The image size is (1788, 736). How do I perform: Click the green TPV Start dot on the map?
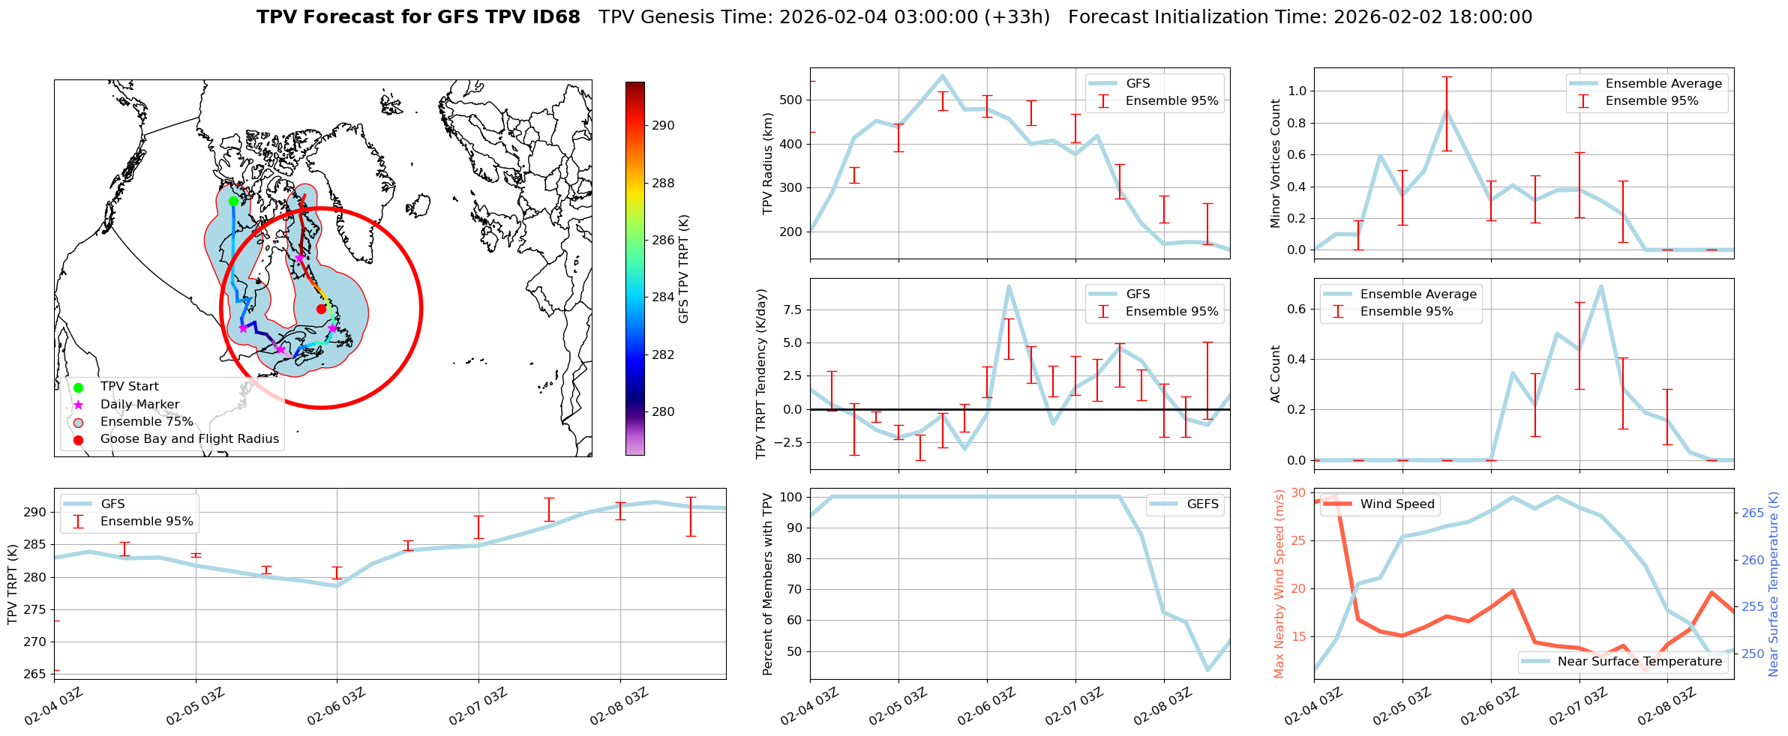[233, 201]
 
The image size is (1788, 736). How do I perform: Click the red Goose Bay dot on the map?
[321, 309]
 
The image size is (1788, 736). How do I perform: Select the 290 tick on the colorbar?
[662, 126]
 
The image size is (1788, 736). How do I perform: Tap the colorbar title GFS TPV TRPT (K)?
[683, 269]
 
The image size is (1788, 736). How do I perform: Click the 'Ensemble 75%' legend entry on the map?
[146, 422]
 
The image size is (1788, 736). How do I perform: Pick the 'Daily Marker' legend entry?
[139, 405]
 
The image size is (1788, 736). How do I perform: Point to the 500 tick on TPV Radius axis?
[792, 100]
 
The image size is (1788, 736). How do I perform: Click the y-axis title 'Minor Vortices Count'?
[1276, 163]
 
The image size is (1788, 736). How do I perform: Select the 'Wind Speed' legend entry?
[1396, 504]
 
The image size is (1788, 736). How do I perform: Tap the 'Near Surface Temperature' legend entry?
[1639, 662]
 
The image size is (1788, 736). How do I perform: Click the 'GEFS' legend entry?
[1202, 504]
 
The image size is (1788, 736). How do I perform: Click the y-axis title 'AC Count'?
[1276, 374]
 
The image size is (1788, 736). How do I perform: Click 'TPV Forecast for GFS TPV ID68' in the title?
[418, 17]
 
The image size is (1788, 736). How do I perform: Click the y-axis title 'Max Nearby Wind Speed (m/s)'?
[1279, 584]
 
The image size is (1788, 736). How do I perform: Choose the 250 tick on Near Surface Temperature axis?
[1753, 654]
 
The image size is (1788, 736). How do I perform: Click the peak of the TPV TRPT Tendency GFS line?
[1009, 286]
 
